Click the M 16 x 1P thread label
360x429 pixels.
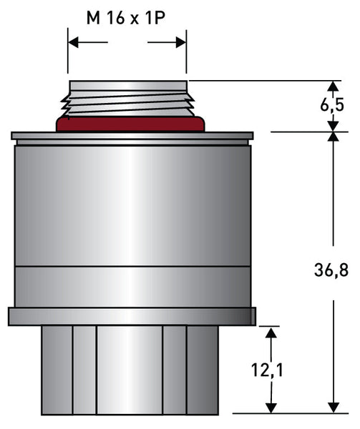coord(126,18)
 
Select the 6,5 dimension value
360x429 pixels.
coord(332,105)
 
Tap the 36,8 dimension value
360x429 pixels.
coord(331,270)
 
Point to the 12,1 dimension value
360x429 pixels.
coord(267,370)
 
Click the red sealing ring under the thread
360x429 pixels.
coord(130,124)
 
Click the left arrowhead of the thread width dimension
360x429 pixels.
coord(73,42)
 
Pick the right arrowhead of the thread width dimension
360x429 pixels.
coord(181,42)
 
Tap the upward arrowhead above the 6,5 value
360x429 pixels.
coord(334,86)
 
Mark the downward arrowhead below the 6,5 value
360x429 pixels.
coord(334,127)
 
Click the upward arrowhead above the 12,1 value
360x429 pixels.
coord(271,332)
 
